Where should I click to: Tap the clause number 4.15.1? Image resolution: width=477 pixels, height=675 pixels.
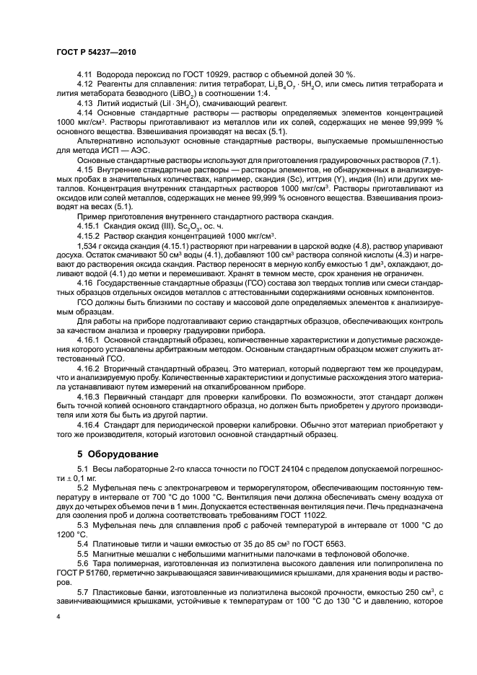(89, 226)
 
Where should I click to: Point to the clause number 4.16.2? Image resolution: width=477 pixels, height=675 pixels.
(89, 367)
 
